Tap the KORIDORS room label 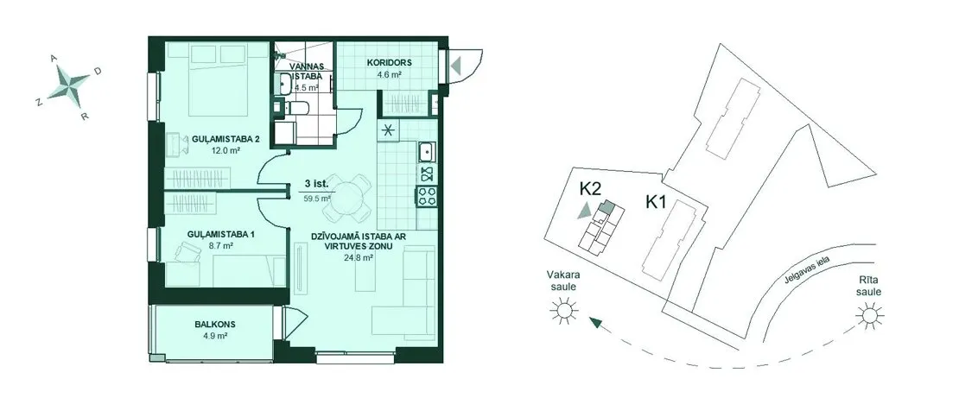tap(389, 62)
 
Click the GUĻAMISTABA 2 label tap(225, 140)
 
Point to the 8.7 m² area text tap(219, 246)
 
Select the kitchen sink tap(427, 149)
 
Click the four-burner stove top tap(427, 196)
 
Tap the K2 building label tap(589, 190)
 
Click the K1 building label tap(657, 202)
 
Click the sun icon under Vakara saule tap(563, 311)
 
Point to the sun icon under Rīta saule tap(868, 315)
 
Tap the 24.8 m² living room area tap(359, 257)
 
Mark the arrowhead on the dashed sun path tap(595, 324)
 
